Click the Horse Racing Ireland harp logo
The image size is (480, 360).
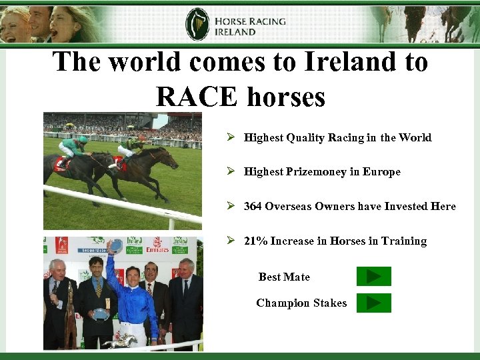(197, 24)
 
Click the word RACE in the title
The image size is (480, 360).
(197, 97)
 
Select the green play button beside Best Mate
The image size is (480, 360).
(373, 276)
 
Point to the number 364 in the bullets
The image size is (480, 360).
(253, 206)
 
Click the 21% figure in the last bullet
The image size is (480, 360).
(255, 241)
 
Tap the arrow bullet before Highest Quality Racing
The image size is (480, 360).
(230, 137)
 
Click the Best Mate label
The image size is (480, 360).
(284, 277)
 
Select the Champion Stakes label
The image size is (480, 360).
(301, 303)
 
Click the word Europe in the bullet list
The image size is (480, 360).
(381, 171)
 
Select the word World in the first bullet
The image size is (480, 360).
(415, 137)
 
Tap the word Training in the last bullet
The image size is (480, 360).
(403, 241)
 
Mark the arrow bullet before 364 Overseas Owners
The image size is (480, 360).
(230, 206)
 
